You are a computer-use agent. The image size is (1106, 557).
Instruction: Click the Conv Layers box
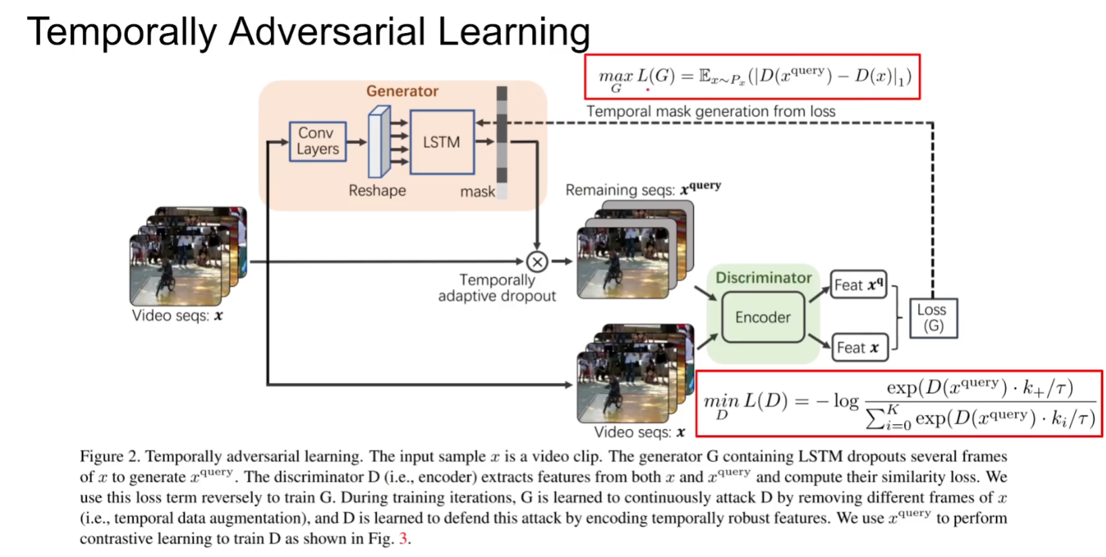coord(318,141)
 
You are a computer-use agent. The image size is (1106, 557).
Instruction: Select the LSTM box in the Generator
coord(441,142)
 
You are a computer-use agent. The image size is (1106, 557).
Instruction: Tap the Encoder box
coord(763,317)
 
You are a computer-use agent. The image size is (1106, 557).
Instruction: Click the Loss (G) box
coord(932,318)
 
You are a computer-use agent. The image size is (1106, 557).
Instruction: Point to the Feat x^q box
coord(858,285)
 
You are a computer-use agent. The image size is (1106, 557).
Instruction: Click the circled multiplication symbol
coord(537,262)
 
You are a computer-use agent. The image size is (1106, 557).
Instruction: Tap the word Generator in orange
coord(402,91)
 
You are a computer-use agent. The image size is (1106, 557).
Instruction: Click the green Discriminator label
coord(763,277)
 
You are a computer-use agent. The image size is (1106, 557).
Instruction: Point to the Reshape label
coord(377,191)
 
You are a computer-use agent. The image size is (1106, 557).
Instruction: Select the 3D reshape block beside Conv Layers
coord(379,142)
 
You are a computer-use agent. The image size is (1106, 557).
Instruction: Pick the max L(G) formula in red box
coord(752,77)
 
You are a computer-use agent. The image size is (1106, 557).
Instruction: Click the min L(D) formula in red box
coord(898,403)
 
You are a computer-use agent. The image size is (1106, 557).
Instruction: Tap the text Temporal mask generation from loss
coord(711,112)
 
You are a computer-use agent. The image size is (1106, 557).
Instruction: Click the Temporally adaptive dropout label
coord(497,288)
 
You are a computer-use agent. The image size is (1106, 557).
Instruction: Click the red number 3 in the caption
coord(403,539)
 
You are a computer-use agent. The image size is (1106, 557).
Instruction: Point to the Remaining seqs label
coord(642,190)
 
